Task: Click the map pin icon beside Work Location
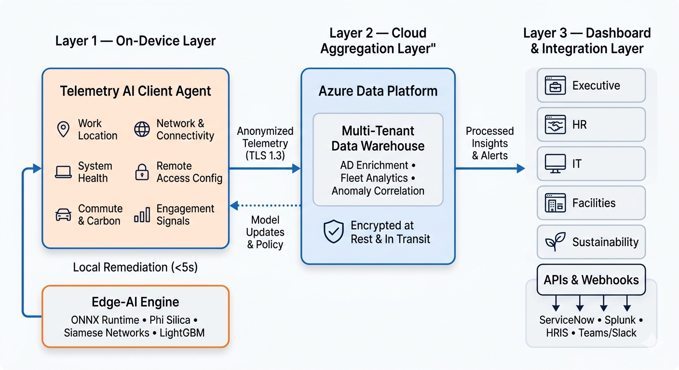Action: point(63,129)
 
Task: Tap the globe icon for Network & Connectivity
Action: point(142,129)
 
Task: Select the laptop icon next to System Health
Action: point(63,172)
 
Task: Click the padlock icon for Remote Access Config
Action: point(142,172)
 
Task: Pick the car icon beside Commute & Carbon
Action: point(63,215)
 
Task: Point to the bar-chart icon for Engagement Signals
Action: point(142,215)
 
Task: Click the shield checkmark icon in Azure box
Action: point(334,232)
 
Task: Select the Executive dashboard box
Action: point(591,85)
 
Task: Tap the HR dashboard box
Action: point(591,125)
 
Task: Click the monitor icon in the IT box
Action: point(555,164)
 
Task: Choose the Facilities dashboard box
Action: point(591,203)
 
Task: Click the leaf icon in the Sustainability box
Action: point(555,242)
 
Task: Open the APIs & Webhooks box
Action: point(591,280)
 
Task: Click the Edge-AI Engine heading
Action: point(135,302)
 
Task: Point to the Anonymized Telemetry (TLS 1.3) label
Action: point(265,143)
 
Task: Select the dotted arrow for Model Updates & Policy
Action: point(265,206)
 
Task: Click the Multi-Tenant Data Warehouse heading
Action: point(378,138)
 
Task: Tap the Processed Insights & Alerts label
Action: point(489,143)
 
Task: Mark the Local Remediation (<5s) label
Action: point(135,267)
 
